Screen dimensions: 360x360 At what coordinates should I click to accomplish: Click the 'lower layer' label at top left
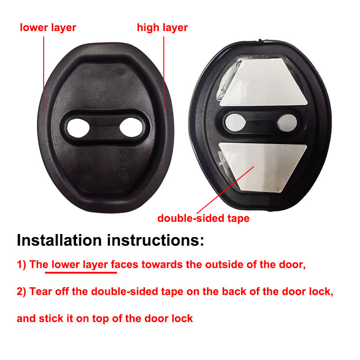tap(48, 28)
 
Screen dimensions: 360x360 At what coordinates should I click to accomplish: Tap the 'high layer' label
tap(162, 28)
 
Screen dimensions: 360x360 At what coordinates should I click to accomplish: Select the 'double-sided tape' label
tap(203, 218)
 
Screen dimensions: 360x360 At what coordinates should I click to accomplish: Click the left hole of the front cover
tap(78, 128)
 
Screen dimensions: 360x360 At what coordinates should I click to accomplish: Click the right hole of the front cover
tap(131, 127)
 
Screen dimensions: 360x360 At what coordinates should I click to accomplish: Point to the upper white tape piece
tap(264, 83)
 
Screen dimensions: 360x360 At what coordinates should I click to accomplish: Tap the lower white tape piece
tap(263, 166)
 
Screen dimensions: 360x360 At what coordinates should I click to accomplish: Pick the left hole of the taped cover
tap(235, 122)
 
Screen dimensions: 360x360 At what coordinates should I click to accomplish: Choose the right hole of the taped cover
tap(287, 123)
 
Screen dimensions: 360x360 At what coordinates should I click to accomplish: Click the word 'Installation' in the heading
tap(59, 240)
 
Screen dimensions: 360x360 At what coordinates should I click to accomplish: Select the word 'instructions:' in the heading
tap(155, 240)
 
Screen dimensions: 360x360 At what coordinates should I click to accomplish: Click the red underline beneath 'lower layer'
tap(81, 273)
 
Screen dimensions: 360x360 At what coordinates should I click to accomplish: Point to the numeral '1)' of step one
tap(22, 265)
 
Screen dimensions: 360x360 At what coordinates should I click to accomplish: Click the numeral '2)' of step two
tap(22, 292)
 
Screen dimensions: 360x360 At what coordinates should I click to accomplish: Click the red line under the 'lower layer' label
tap(44, 75)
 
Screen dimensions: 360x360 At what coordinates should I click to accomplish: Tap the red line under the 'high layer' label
tap(164, 75)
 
